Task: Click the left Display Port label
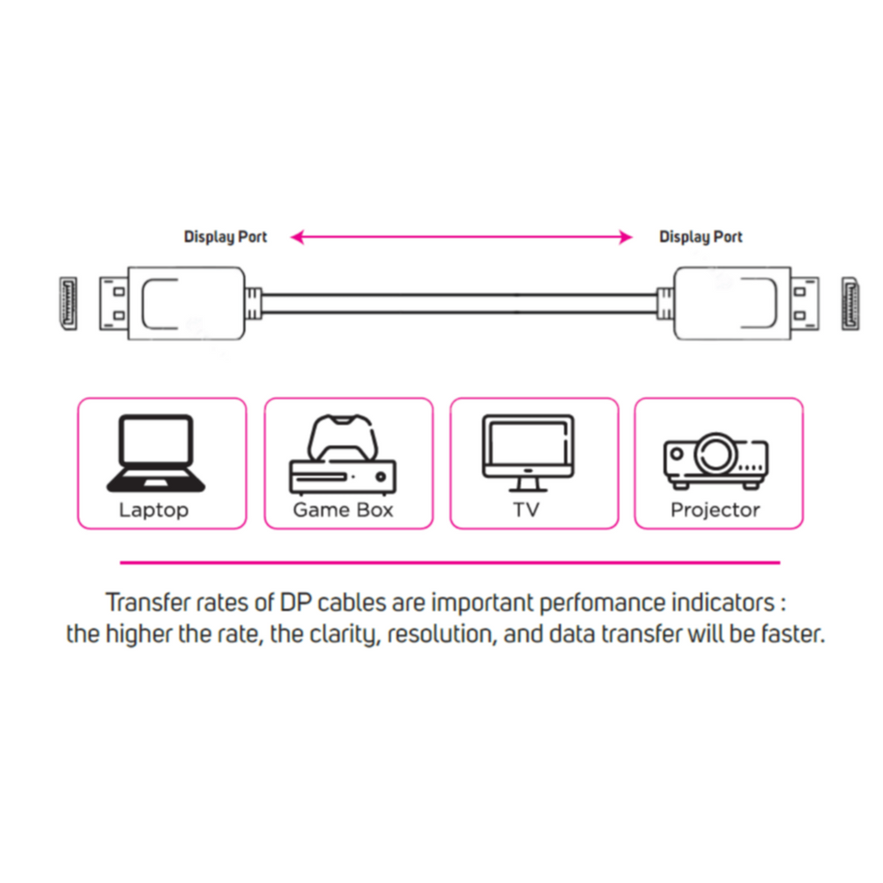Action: tap(225, 237)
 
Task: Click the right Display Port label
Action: tap(700, 237)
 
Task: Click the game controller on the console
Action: tap(342, 438)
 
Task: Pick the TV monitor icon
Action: tap(527, 448)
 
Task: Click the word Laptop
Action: tap(153, 510)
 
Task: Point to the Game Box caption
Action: tap(343, 510)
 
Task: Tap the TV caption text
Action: tap(526, 510)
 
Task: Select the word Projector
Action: tap(715, 510)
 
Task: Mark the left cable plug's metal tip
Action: tap(113, 303)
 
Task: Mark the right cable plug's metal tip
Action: tap(805, 303)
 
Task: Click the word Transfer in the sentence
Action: tap(141, 602)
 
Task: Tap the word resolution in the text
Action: tap(441, 635)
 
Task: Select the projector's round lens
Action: tap(715, 453)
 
